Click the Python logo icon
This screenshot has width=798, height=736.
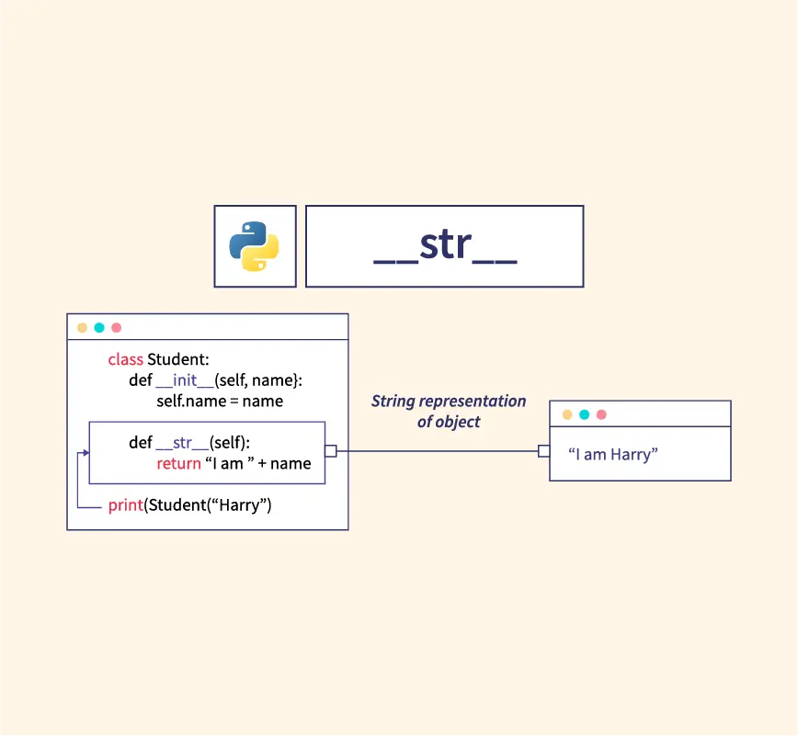254,246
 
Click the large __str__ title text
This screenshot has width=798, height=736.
445,246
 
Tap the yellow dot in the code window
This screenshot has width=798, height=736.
82,327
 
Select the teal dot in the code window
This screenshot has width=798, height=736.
99,327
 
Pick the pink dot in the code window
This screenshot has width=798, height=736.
117,327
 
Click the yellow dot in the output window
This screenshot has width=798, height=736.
567,414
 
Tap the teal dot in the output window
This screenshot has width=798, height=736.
585,414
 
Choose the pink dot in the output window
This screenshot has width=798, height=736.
601,414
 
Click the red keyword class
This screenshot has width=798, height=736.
126,359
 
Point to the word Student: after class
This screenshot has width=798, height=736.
178,359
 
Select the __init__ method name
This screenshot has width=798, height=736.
185,380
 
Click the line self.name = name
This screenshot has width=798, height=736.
220,402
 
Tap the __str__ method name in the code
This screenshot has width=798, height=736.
182,443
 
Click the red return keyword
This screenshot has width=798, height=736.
178,464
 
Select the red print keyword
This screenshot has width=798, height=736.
126,505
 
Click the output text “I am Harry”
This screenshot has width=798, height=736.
613,454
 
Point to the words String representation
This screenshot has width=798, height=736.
449,402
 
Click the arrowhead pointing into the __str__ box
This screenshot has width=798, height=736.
86,452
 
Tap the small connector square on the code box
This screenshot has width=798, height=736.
331,451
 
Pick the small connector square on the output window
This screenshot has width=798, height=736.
544,451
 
